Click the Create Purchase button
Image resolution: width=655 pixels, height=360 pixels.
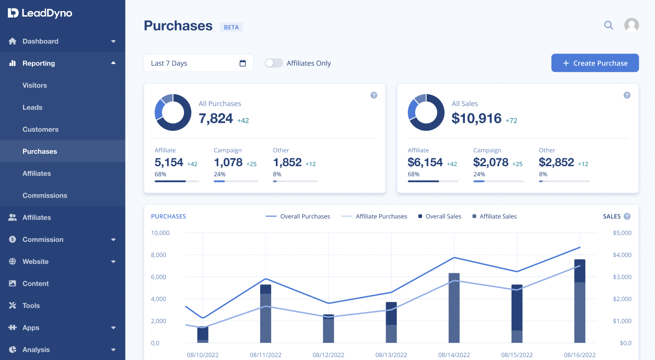pos(595,63)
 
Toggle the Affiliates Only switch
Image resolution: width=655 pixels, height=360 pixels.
pos(274,63)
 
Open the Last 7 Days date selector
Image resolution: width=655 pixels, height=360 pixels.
pos(198,63)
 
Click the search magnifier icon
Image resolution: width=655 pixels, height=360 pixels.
pos(608,25)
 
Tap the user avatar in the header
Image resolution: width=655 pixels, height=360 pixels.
pos(631,25)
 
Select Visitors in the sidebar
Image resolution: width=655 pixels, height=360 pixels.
pos(35,85)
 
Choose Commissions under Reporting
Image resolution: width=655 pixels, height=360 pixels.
pos(45,195)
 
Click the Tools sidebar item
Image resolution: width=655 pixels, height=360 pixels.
pos(31,306)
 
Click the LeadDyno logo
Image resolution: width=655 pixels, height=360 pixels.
pos(40,13)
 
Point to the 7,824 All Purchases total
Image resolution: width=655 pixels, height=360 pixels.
pos(216,119)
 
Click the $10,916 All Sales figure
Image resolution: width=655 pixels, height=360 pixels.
pos(476,119)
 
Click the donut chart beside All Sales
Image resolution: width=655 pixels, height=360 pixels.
pos(426,112)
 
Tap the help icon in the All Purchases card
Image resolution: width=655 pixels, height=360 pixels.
pos(374,95)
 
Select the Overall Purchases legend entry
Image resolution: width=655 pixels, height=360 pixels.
pos(298,216)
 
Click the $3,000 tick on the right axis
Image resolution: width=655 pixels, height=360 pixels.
pos(622,277)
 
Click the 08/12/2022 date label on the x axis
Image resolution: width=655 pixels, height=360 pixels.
pos(328,355)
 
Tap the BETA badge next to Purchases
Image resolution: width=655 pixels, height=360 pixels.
pos(231,27)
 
